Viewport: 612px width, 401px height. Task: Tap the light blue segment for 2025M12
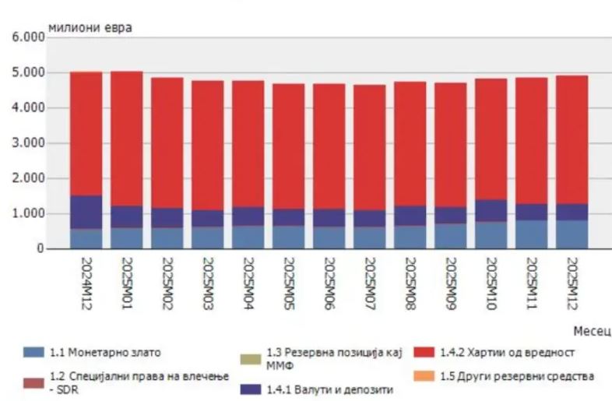572,234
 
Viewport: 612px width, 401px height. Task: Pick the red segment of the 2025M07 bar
369,148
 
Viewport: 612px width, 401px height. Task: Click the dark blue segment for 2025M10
491,211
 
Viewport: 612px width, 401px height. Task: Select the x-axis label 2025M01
126,284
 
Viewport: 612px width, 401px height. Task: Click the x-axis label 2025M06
329,284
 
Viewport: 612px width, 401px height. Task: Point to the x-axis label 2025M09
450,284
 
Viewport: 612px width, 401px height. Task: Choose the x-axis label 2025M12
572,284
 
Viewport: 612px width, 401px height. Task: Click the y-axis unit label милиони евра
90,28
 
